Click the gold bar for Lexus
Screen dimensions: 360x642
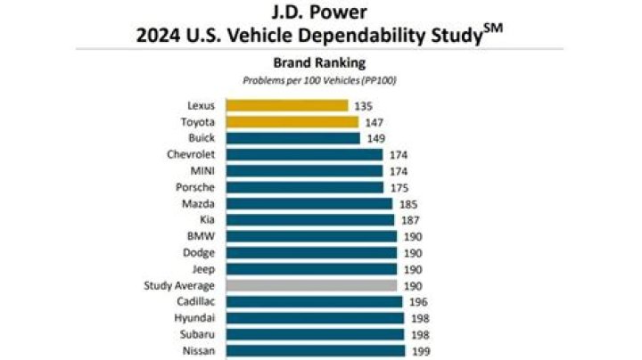coord(286,105)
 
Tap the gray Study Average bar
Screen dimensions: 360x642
coord(311,285)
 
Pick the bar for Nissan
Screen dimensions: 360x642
coord(315,351)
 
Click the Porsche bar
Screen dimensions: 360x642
coord(304,187)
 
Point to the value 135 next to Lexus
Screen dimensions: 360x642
coord(365,105)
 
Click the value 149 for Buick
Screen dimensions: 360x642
coord(376,138)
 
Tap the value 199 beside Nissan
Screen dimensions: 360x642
coord(421,351)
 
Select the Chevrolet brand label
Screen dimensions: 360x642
coord(190,154)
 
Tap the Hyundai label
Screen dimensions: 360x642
coord(194,318)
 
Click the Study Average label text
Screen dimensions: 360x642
coord(179,285)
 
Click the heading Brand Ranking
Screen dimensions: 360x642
coord(320,63)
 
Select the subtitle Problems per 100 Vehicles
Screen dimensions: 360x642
coord(320,80)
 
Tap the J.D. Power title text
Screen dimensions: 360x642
coord(320,12)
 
